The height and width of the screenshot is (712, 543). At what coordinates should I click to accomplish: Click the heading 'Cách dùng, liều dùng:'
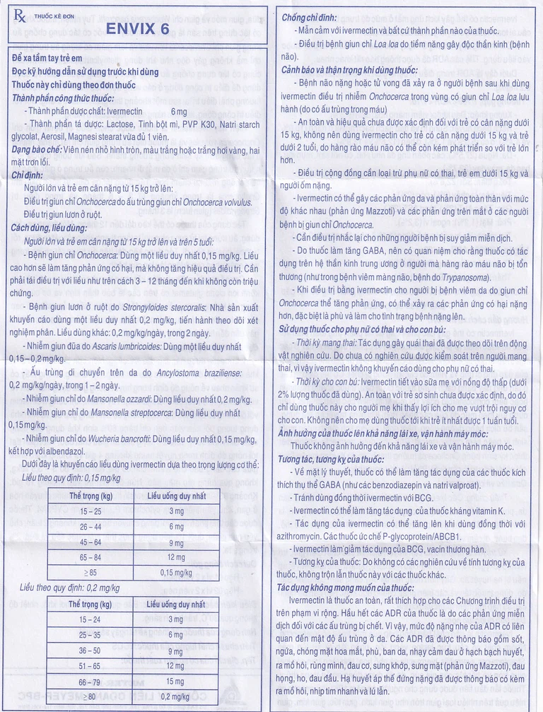49,228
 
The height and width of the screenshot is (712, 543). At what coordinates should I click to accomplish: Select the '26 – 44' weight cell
90,527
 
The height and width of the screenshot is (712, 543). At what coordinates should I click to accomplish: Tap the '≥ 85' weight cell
90,572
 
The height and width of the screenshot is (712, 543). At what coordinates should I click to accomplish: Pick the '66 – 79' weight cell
90,682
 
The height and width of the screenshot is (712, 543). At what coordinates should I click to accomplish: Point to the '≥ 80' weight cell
90,696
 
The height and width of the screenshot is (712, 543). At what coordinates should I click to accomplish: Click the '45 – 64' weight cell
90,542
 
